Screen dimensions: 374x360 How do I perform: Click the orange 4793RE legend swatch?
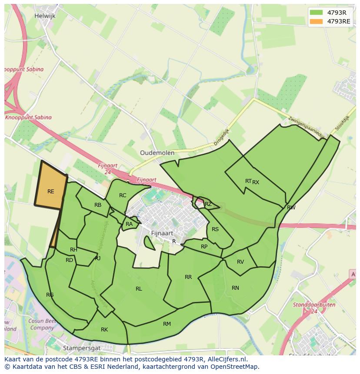coord(316,21)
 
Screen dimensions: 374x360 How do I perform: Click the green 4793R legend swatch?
coord(316,13)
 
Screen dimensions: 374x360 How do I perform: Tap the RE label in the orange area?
coord(51,192)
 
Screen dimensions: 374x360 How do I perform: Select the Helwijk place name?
coord(45,16)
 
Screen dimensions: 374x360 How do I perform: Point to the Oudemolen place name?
coord(157,153)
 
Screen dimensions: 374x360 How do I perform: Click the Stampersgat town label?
coord(82,348)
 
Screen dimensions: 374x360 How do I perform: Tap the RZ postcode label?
coord(208,204)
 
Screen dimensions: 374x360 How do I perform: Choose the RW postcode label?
coord(291,208)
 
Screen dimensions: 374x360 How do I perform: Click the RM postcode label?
coord(167,324)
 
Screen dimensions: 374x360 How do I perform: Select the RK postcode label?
coord(104,330)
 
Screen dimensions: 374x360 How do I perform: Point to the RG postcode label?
coord(50,295)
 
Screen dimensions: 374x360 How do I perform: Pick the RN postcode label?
coord(235,288)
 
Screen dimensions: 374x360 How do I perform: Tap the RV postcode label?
coord(240,262)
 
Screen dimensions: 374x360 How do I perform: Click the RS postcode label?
coord(215,229)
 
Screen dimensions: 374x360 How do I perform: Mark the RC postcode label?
coord(123,195)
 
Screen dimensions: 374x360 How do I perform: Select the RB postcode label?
coord(98,205)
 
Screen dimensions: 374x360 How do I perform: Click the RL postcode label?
coord(139,289)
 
